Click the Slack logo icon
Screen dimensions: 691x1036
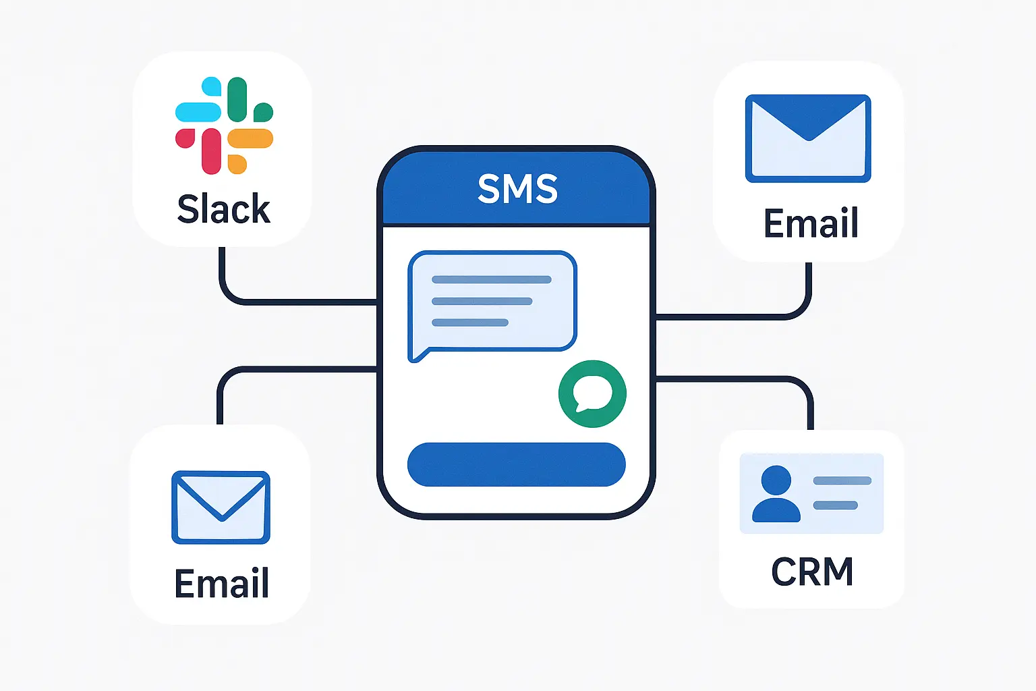[224, 126]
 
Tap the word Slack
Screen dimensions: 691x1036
[223, 209]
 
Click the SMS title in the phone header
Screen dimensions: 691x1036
[517, 189]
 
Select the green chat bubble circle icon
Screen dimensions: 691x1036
[592, 393]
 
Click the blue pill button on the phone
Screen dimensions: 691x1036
[516, 464]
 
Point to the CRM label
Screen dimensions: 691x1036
[812, 572]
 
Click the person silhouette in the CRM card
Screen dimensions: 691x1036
[776, 494]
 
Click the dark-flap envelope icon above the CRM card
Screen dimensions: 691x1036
[808, 138]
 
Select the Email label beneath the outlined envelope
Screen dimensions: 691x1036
[222, 584]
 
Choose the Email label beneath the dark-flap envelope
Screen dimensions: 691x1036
[811, 223]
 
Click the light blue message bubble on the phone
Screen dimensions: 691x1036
[492, 301]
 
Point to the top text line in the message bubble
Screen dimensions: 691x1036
[491, 279]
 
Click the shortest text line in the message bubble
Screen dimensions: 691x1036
[469, 323]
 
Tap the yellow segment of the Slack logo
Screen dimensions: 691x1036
[250, 139]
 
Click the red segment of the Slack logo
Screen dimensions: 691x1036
[210, 152]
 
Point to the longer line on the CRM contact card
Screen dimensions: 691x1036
[842, 481]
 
